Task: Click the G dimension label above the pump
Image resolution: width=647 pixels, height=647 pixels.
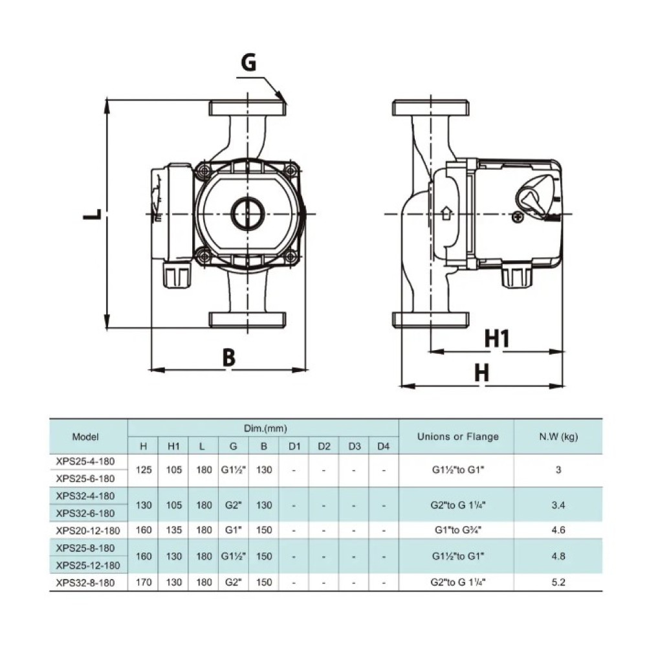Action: [x=248, y=63]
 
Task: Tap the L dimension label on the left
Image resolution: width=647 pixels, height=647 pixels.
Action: [x=93, y=214]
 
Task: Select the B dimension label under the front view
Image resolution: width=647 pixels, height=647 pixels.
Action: [x=229, y=357]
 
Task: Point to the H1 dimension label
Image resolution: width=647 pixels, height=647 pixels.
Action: [x=497, y=338]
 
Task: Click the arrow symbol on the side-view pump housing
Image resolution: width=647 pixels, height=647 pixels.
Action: [x=446, y=214]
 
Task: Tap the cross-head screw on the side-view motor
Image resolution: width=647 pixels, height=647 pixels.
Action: [x=518, y=217]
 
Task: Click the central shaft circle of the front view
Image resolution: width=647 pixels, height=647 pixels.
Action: [x=248, y=214]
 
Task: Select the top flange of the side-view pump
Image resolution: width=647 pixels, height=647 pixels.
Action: [x=430, y=108]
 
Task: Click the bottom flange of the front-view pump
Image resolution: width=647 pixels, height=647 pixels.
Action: [x=248, y=320]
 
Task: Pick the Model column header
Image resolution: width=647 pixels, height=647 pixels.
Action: [x=85, y=437]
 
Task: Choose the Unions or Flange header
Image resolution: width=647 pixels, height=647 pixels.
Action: [x=458, y=437]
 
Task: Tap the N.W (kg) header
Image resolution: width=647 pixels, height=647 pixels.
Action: [x=558, y=437]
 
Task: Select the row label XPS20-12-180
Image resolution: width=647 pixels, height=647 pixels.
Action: [x=88, y=531]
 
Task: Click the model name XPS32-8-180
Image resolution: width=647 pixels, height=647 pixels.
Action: [x=85, y=583]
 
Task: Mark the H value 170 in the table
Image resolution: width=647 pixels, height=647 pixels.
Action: [x=144, y=582]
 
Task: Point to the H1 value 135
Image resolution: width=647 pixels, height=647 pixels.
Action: [x=173, y=530]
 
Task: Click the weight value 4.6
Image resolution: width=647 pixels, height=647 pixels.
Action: [x=558, y=530]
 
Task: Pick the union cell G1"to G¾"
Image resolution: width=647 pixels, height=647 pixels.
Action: [x=458, y=530]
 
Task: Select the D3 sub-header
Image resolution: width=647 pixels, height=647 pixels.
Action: [x=355, y=446]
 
